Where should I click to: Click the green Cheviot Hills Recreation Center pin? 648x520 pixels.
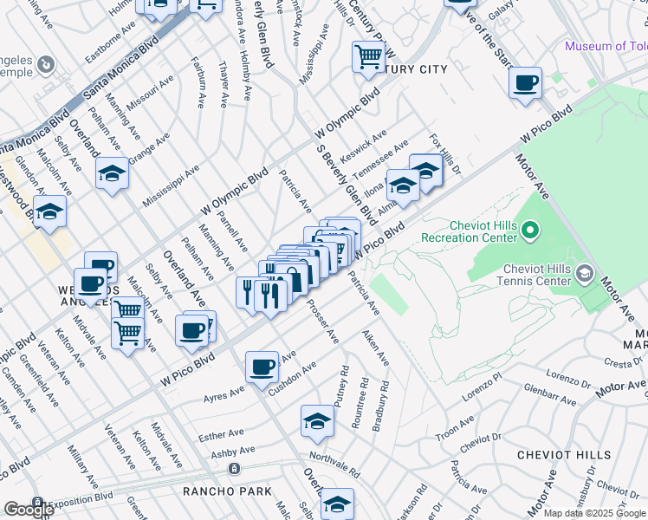tap(532, 230)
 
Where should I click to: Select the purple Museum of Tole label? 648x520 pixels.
tap(606, 47)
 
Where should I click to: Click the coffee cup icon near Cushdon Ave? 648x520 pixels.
tap(262, 367)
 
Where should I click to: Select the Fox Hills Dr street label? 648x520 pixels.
tap(445, 154)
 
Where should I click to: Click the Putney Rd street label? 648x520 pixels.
tap(345, 382)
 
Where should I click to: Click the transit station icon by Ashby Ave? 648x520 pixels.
tap(233, 469)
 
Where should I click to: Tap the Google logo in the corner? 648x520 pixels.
tap(28, 509)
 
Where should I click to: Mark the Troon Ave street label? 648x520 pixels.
tap(457, 422)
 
